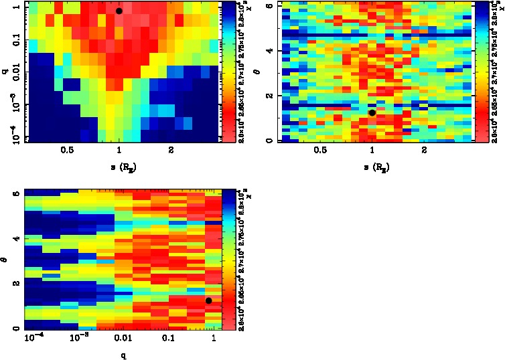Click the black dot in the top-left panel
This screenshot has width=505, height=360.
119,11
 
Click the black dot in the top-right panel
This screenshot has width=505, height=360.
372,112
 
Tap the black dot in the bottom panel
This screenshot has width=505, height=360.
209,300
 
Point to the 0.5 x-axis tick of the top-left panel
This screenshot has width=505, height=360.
66,152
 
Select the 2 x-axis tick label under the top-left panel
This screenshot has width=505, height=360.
171,152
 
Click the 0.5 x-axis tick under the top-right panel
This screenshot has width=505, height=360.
319,152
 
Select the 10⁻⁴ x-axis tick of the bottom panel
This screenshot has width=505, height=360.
32,340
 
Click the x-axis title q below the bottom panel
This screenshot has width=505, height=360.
123,355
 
